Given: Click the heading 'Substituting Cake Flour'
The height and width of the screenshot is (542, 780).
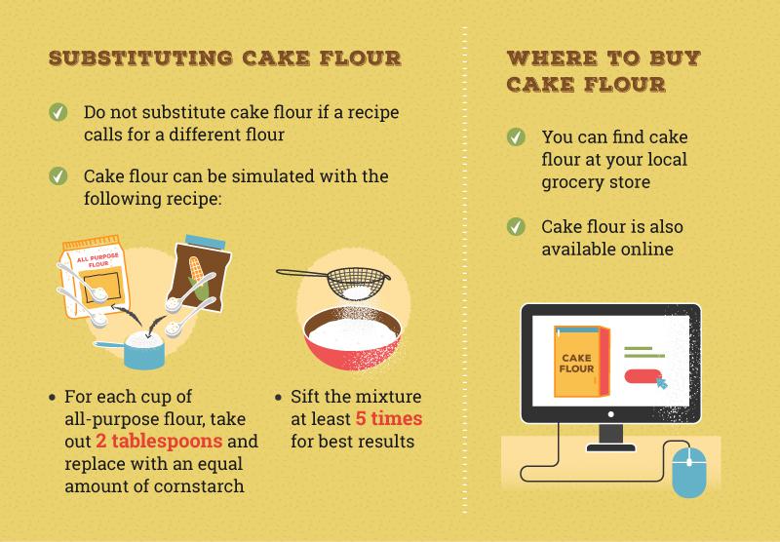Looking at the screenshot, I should (x=224, y=58).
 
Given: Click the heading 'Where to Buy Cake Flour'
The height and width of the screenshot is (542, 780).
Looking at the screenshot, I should (x=604, y=70).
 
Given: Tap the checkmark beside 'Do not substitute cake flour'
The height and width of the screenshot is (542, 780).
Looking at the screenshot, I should (x=58, y=113).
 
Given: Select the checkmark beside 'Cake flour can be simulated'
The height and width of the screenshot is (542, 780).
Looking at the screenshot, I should (x=58, y=176).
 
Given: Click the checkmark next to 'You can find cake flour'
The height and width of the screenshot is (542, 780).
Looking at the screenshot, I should (x=516, y=137).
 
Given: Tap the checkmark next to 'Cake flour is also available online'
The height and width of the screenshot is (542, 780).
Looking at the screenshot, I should (x=516, y=227).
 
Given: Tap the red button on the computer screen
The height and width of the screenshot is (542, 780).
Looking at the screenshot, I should (x=641, y=377).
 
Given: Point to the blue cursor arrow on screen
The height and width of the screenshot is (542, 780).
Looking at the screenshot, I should (x=663, y=383).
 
